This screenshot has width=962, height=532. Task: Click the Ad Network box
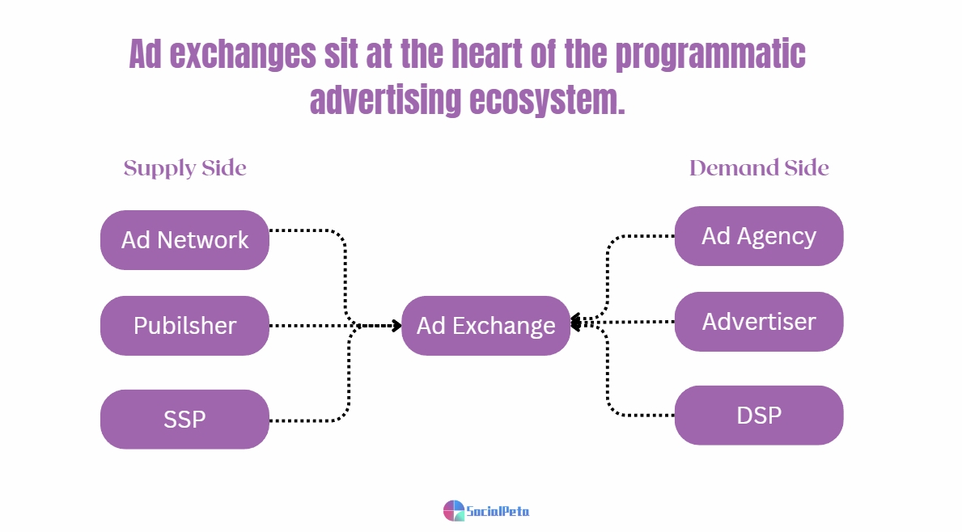[x=184, y=240]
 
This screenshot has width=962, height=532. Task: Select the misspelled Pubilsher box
[x=184, y=326]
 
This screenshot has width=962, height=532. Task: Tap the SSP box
[x=184, y=420]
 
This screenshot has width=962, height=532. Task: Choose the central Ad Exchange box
[x=485, y=326]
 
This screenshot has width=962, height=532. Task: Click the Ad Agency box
[x=758, y=236]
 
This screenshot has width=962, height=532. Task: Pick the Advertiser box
[x=758, y=322]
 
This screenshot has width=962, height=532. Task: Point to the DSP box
[x=758, y=416]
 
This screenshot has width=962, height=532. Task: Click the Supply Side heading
[x=184, y=168]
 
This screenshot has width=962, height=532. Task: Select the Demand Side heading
[x=758, y=168]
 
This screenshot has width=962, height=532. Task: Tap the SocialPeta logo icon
[x=454, y=510]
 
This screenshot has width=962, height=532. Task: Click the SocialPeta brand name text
[x=498, y=511]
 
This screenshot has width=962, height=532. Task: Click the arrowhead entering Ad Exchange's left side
[x=396, y=326]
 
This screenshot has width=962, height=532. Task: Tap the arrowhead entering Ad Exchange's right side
[x=576, y=323]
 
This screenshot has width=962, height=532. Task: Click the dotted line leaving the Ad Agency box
[x=643, y=236]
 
